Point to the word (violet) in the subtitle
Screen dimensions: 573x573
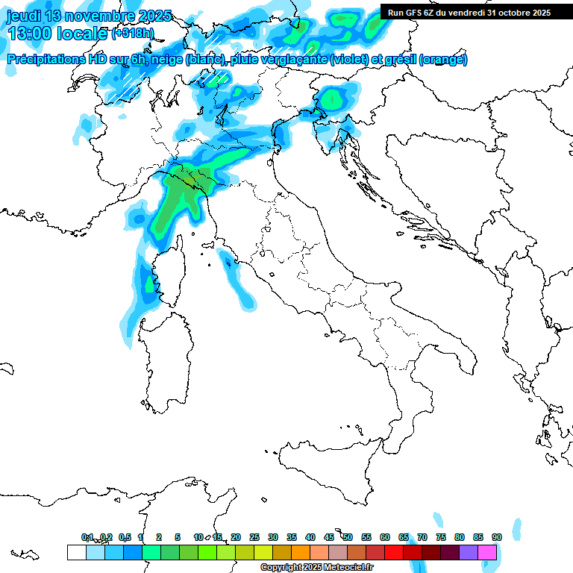[x=349, y=60]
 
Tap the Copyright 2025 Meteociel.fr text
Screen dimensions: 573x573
[x=316, y=568]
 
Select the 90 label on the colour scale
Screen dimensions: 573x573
[x=496, y=537]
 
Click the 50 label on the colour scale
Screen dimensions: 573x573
[x=347, y=537]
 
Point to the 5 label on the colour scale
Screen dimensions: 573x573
[x=178, y=537]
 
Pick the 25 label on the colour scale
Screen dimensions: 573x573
[x=254, y=537]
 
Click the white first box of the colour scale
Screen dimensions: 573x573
[x=76, y=552]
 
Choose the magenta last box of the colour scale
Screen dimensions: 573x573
[x=487, y=552]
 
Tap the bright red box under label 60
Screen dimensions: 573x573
[x=394, y=552]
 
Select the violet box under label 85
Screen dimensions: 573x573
[x=469, y=552]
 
